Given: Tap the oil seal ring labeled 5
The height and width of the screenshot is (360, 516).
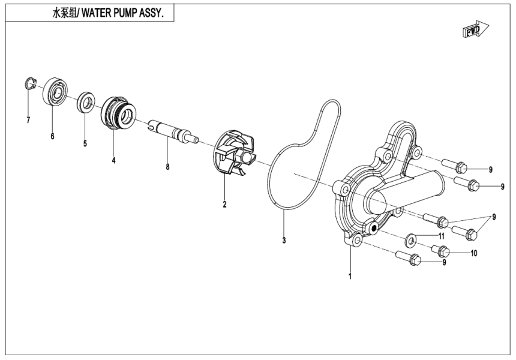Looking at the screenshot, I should [85, 101].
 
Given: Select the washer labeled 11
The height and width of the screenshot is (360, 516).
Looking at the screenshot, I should [411, 239].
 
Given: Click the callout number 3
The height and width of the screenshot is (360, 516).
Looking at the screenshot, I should [284, 241].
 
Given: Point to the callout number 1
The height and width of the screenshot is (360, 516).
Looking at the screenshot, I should [350, 277].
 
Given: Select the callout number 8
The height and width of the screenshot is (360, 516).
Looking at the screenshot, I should [167, 167].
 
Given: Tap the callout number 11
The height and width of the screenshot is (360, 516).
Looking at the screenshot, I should [441, 236].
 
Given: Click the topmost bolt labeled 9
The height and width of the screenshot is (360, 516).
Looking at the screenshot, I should [456, 166].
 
